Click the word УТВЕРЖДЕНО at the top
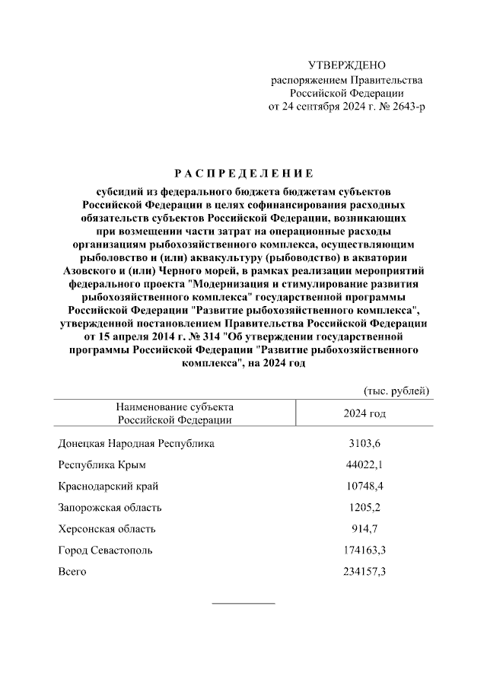click(x=347, y=65)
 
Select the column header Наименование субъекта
click(x=174, y=407)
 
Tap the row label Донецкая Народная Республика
click(x=136, y=443)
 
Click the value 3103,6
click(x=364, y=443)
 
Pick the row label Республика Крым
click(x=102, y=464)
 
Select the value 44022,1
click(x=364, y=464)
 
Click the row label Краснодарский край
click(x=108, y=486)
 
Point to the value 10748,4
click(x=364, y=486)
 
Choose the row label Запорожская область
click(x=110, y=507)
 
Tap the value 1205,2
click(x=364, y=507)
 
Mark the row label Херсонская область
click(x=107, y=528)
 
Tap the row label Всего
click(x=72, y=571)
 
